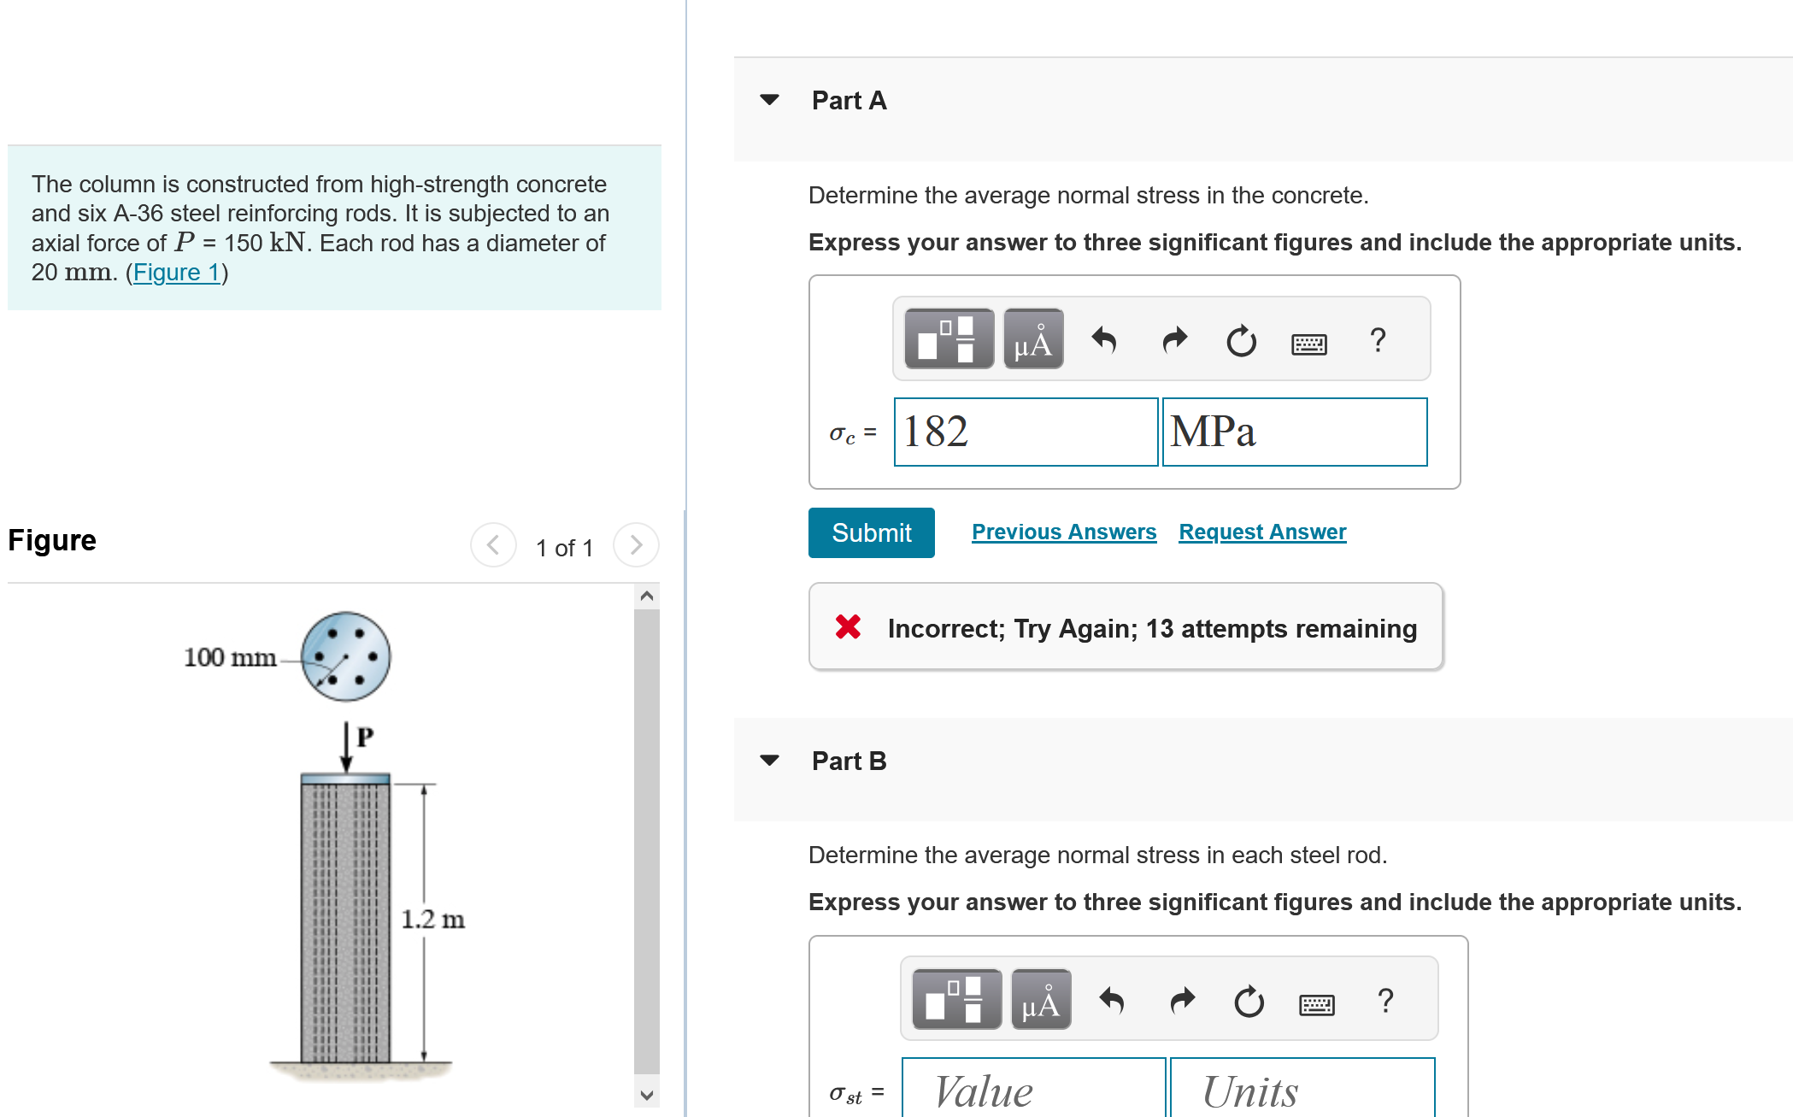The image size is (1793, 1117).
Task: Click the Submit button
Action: point(871,532)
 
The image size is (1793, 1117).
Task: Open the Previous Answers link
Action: point(1064,532)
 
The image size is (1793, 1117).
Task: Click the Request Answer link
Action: point(1262,532)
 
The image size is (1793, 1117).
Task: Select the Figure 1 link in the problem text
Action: point(177,272)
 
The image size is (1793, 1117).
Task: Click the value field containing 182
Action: point(1026,432)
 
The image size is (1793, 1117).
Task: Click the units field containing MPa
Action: point(1294,432)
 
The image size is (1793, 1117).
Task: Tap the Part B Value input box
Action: point(1032,1091)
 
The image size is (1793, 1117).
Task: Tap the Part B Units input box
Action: point(1301,1091)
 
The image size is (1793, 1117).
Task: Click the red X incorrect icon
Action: point(848,627)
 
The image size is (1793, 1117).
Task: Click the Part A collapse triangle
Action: point(769,100)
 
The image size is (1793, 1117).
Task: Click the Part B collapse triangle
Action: point(769,760)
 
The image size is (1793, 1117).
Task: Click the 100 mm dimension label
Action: point(230,657)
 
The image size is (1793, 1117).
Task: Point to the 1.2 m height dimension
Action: point(432,920)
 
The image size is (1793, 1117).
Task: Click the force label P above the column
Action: point(365,736)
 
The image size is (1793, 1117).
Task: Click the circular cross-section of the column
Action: point(346,656)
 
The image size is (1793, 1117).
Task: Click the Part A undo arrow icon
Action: point(1104,340)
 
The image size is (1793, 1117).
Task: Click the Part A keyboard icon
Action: point(1308,344)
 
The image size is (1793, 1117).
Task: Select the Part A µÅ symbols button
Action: point(1032,339)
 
